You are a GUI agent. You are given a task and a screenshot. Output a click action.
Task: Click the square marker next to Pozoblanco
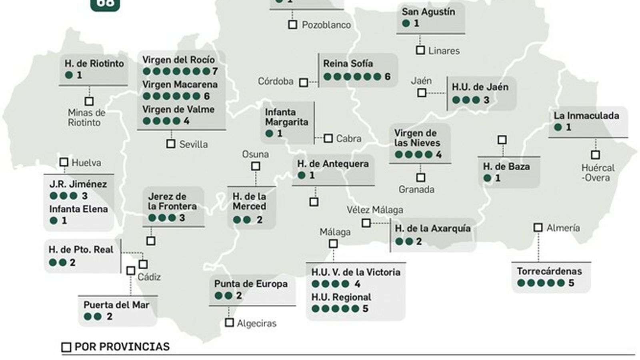(292, 25)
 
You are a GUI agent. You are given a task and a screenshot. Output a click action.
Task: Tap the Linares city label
(444, 51)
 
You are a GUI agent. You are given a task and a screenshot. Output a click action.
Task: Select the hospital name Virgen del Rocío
(178, 60)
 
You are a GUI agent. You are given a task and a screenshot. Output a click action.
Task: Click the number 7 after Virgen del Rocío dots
(215, 72)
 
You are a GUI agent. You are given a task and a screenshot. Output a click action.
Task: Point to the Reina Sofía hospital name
(348, 64)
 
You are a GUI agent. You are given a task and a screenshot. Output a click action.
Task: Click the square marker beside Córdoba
(304, 82)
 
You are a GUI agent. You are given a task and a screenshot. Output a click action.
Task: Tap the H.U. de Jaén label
(480, 87)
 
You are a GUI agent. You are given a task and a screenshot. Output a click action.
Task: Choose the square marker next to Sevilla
(171, 144)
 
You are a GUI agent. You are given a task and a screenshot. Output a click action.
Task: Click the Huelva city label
(86, 163)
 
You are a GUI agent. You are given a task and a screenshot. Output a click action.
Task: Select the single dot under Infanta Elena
(54, 220)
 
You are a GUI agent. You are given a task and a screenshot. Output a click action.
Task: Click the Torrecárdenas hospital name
(549, 271)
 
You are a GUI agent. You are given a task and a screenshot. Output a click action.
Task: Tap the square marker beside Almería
(538, 228)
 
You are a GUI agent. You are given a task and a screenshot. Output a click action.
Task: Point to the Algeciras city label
(256, 323)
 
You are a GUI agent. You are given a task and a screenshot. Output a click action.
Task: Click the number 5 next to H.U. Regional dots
(365, 309)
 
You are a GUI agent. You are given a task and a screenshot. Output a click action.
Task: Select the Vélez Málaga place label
(375, 210)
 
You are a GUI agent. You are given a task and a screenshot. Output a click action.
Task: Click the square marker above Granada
(420, 177)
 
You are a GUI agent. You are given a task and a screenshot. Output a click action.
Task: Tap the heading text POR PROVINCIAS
(122, 347)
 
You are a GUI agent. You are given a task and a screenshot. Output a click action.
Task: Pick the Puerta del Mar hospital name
(116, 305)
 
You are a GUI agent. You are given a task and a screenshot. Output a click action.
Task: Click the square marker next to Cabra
(328, 138)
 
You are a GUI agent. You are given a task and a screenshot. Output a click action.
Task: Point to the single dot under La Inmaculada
(558, 128)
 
